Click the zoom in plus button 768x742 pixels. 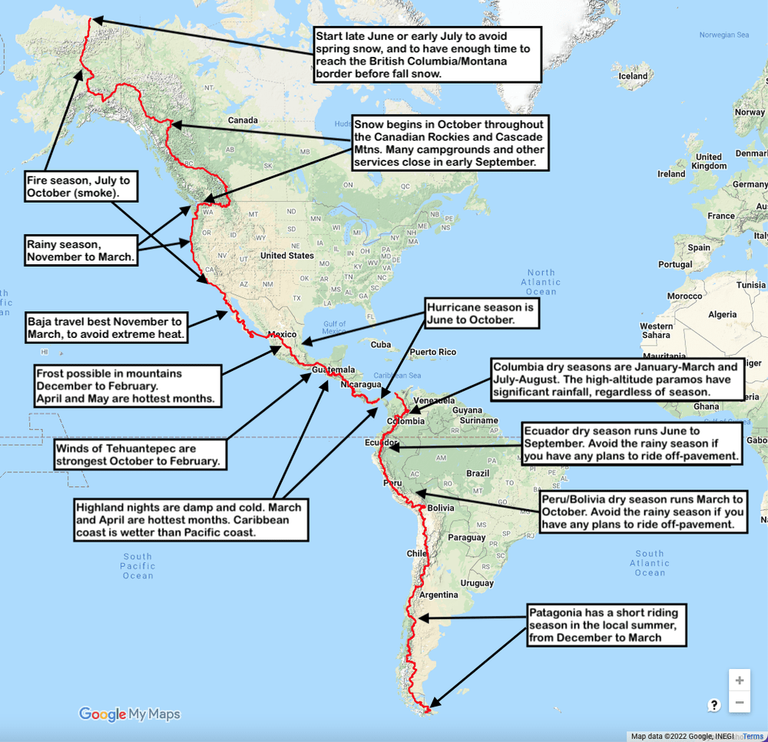739,681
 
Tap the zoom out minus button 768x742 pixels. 739,703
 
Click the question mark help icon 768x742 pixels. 714,705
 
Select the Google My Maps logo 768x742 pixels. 129,714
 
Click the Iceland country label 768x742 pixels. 633,76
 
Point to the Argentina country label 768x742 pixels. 439,595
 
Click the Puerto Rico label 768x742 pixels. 432,353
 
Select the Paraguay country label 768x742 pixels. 467,538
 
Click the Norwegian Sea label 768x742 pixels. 723,35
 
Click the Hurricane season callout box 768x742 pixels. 480,312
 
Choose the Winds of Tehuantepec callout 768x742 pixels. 139,455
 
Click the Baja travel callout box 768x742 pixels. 106,328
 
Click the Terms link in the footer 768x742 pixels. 753,736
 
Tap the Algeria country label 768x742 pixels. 722,314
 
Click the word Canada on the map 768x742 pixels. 243,121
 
